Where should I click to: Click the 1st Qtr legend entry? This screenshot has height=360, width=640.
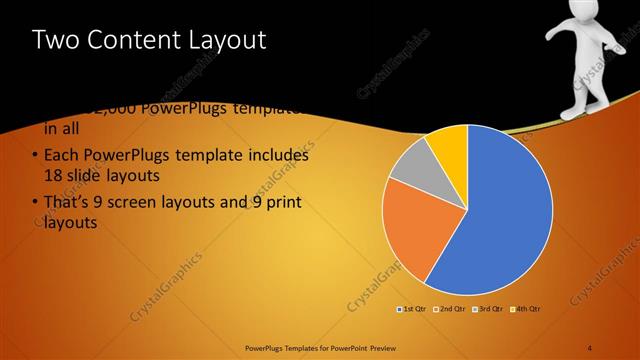412,309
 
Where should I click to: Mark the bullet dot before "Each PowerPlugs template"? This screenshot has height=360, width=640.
35,156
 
